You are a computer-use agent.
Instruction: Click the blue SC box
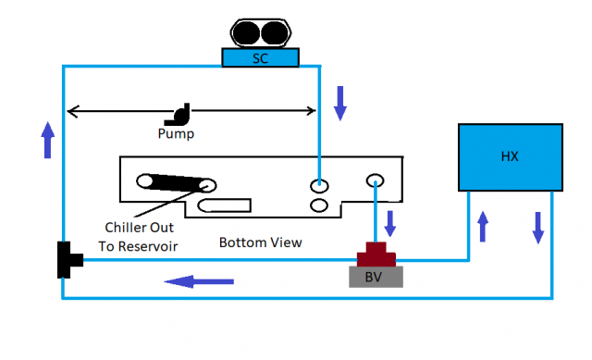(x=260, y=57)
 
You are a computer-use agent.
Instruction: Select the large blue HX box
(x=510, y=156)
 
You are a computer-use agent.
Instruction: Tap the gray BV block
(x=375, y=276)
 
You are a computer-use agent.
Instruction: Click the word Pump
(x=176, y=133)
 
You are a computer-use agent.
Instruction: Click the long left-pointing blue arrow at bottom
(x=199, y=279)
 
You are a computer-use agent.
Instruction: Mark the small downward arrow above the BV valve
(x=389, y=224)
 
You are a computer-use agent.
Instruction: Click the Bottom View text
(x=260, y=242)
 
